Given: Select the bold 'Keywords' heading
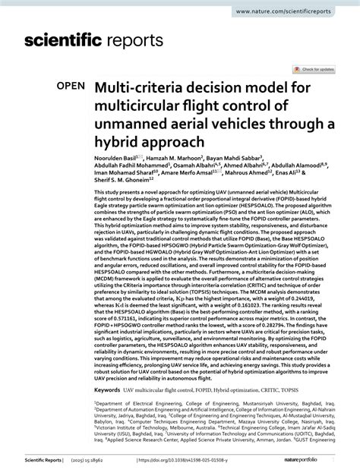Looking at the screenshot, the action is [108, 389].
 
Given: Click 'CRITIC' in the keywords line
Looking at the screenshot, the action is [278, 389].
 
